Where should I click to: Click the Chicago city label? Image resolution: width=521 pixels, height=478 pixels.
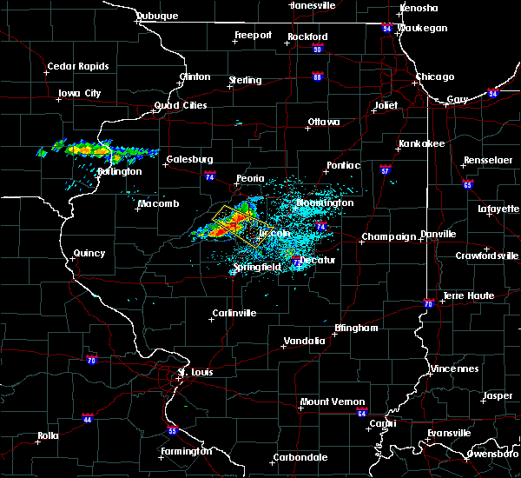[x=434, y=77]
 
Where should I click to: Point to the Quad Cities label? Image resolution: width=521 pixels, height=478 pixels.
[x=181, y=105]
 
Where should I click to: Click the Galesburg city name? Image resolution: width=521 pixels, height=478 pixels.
[x=190, y=159]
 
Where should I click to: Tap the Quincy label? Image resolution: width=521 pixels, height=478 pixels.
[x=89, y=254]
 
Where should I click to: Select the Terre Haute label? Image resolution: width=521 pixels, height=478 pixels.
[x=469, y=295]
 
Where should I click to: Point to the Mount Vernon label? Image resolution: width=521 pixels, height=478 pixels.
[x=326, y=402]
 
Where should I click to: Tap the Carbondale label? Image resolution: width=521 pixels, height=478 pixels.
[x=300, y=457]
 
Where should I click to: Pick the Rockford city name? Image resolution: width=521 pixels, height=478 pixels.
[x=308, y=37]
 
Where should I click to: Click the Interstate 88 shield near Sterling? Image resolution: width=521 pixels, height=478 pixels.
[x=318, y=77]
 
